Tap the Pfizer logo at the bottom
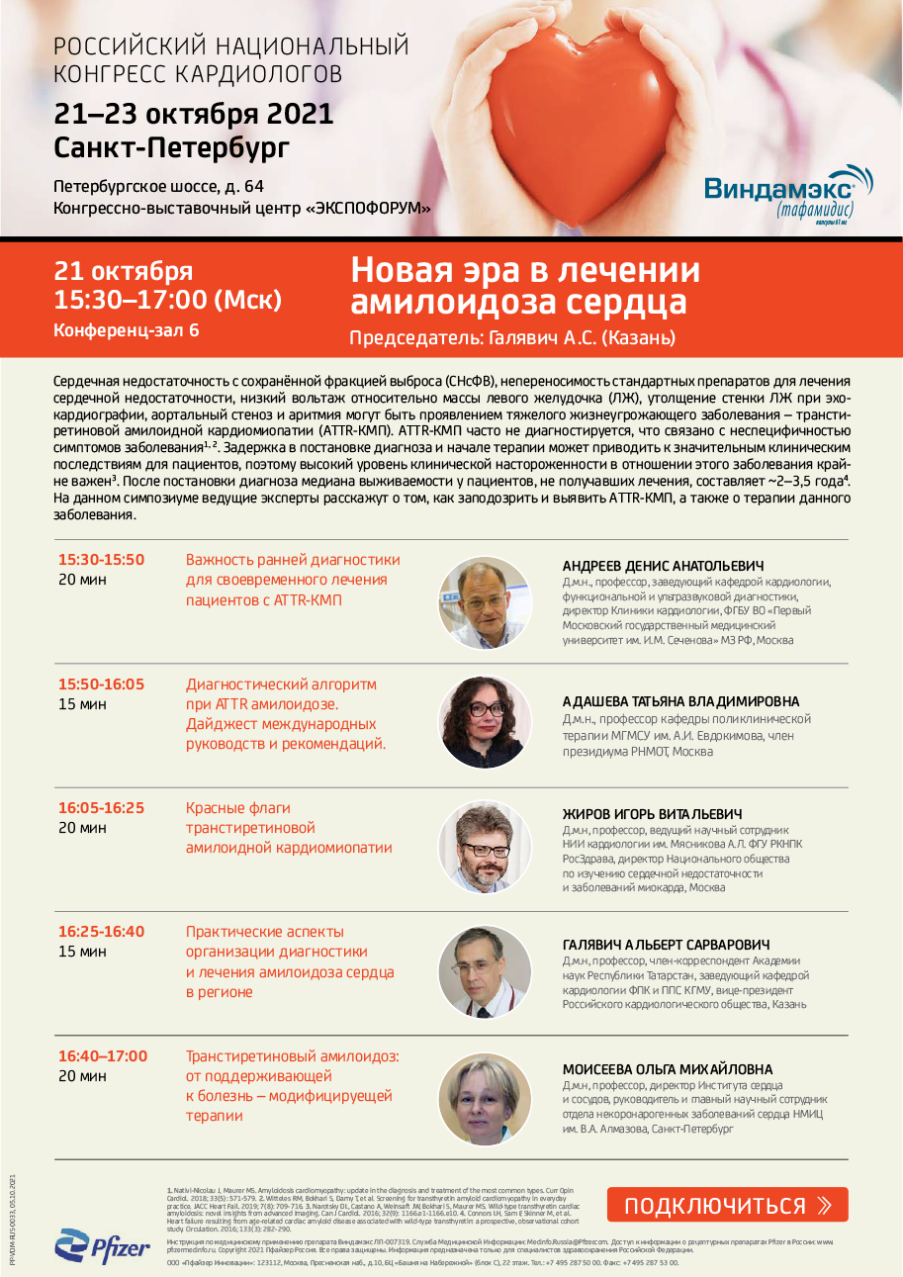103,1245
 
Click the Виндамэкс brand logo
788,193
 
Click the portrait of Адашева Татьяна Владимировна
479,720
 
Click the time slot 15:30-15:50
101,560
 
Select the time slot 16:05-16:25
101,808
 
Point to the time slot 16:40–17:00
103,1056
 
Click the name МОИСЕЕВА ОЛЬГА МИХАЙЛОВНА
668,1069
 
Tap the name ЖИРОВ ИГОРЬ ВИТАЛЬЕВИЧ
653,814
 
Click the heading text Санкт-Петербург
172,148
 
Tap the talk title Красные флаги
238,808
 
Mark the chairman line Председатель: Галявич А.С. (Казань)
512,338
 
